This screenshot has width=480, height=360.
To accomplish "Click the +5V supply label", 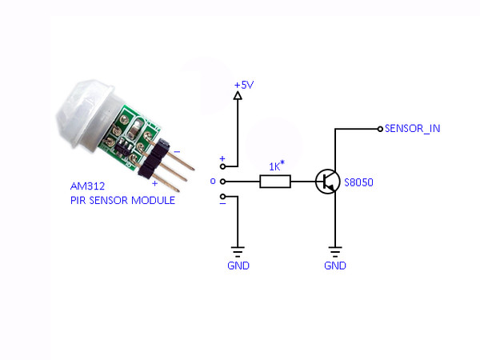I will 243,84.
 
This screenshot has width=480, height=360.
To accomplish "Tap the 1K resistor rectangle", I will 274,182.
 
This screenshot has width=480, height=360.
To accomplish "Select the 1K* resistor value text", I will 276,166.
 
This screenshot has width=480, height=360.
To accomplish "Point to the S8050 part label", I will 358,182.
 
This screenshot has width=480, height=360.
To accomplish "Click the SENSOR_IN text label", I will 412,128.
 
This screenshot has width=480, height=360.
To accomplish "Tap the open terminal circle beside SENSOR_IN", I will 379,128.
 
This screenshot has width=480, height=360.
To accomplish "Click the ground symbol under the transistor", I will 335,250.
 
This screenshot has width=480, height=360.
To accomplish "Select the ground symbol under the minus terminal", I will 238,250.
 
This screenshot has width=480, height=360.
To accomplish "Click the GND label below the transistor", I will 335,266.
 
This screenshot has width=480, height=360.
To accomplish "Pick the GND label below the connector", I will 238,266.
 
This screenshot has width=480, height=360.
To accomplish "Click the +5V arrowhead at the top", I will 238,96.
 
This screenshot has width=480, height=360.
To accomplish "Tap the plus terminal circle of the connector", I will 222,167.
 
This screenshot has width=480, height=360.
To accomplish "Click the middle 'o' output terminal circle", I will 222,182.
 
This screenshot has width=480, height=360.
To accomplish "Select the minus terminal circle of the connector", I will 222,197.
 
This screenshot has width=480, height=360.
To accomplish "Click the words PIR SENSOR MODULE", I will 122,200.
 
